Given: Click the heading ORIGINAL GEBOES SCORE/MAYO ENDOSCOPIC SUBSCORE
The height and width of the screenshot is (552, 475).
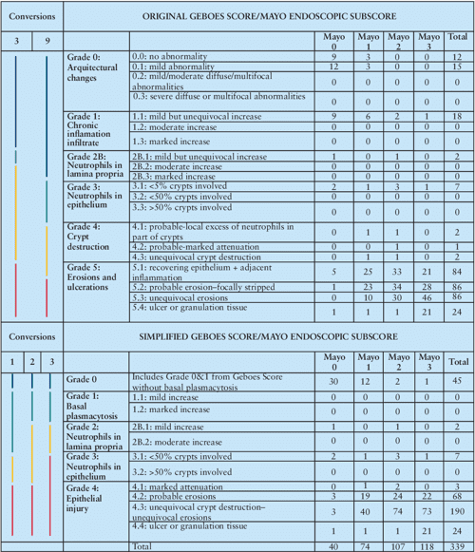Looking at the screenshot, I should click(x=269, y=17).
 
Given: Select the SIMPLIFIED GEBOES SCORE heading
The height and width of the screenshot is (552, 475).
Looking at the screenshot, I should click(x=269, y=338).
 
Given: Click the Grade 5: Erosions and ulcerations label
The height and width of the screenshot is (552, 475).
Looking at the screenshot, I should click(x=91, y=282).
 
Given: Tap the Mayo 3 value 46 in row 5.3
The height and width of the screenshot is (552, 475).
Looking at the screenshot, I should click(x=414, y=297).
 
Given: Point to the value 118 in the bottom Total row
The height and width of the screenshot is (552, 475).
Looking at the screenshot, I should click(x=414, y=545).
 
